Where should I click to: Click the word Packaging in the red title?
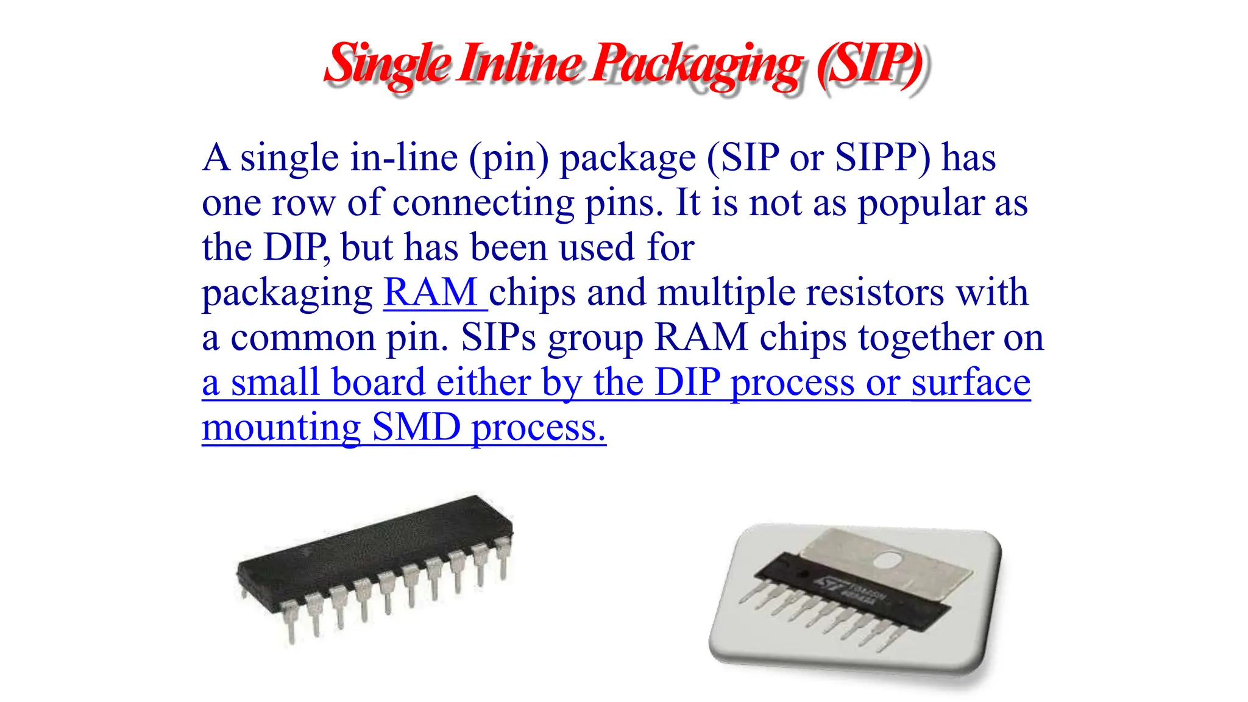697,65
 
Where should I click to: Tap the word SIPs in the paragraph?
498,338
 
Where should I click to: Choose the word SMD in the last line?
416,427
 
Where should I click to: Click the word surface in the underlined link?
971,383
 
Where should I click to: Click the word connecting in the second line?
483,203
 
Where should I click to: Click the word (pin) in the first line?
509,158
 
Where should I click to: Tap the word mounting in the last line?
281,427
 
